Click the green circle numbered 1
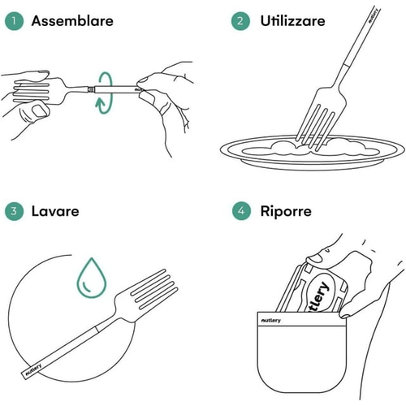pyautogui.click(x=14, y=21)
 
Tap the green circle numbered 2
pyautogui.click(x=240, y=21)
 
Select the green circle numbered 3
pyautogui.click(x=14, y=211)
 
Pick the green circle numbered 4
pyautogui.click(x=241, y=211)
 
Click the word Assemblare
pyautogui.click(x=72, y=21)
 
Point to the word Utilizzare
pyautogui.click(x=292, y=21)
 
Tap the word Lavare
pyautogui.click(x=55, y=211)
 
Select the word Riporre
pyautogui.click(x=286, y=211)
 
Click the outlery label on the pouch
pyautogui.click(x=270, y=321)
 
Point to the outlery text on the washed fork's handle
pyautogui.click(x=33, y=369)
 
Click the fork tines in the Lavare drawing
pyautogui.click(x=154, y=289)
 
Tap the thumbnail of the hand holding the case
pyautogui.click(x=314, y=258)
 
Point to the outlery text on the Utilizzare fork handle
pyautogui.click(x=373, y=15)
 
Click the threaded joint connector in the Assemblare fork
pyautogui.click(x=91, y=89)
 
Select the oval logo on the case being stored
pyautogui.click(x=320, y=293)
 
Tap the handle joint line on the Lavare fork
pyautogui.click(x=96, y=330)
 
